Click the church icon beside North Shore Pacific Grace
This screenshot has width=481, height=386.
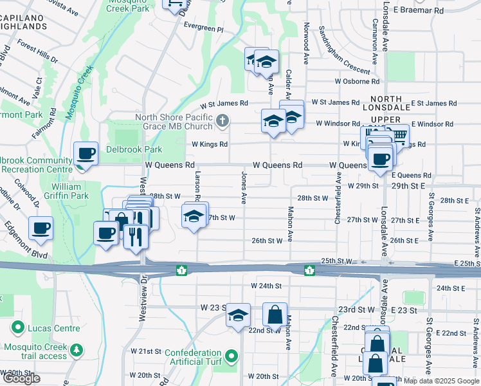222,120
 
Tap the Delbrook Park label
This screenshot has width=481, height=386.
136,149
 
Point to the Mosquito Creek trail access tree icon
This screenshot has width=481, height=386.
77,349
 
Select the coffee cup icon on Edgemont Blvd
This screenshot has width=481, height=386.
41,228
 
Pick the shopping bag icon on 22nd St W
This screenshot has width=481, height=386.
275,315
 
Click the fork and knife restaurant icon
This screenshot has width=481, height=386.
136,235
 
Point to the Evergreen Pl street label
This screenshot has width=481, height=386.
203,30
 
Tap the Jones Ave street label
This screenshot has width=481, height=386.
244,187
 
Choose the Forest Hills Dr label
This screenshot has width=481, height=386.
38,52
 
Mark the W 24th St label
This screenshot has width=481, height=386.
267,285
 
